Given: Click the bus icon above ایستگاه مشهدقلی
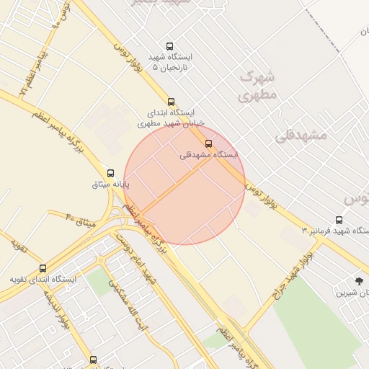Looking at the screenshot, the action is (209, 143).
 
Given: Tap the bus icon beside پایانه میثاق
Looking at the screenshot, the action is (110, 173).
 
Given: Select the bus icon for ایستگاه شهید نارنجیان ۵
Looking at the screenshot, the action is (169, 46).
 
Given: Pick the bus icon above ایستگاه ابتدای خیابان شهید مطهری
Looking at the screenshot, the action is (171, 102).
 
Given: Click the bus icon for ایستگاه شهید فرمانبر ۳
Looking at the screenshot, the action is (339, 220).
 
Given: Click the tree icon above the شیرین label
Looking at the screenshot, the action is (359, 280).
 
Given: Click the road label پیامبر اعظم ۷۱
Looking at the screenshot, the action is (34, 72).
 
